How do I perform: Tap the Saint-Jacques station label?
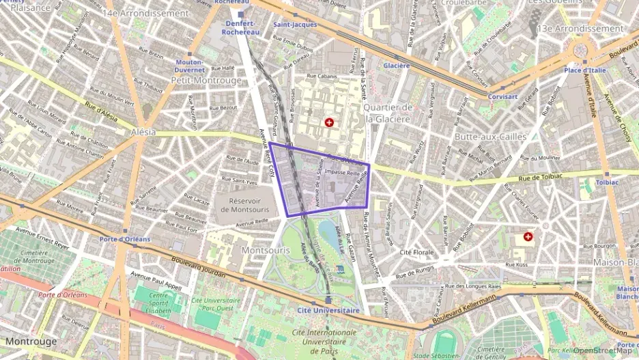click(x=295, y=25)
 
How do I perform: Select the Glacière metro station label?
click(x=396, y=66)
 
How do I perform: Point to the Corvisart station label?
click(x=502, y=97)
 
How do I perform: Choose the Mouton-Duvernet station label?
click(x=190, y=66)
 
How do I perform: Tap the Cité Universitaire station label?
click(x=329, y=310)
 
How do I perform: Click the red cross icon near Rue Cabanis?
click(x=330, y=122)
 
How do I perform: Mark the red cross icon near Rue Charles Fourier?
click(x=528, y=237)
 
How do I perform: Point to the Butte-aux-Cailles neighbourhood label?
click(x=490, y=137)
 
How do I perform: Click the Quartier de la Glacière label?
click(x=388, y=113)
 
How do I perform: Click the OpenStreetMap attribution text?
click(x=602, y=350)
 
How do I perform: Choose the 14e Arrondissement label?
click(x=146, y=13)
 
